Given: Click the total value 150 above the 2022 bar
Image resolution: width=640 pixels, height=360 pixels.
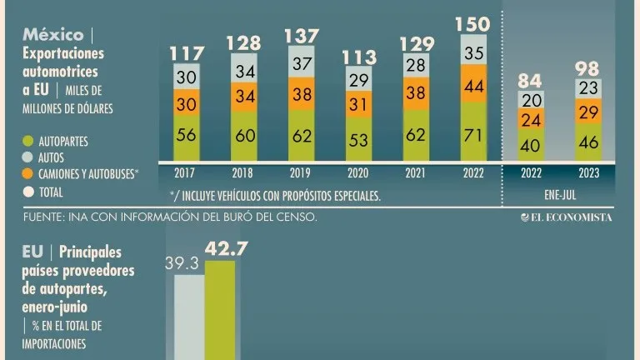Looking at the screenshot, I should click(473, 23).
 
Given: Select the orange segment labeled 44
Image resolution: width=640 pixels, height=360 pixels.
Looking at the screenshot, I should click(473, 87).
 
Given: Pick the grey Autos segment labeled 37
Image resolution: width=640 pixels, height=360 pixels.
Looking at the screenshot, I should click(302, 63).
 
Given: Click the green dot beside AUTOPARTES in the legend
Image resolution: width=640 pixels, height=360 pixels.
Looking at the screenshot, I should click(28, 142).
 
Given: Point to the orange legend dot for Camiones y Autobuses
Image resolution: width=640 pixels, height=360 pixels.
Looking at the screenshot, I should click(28, 174).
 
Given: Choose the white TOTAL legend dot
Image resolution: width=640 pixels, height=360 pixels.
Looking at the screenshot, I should click(28, 192).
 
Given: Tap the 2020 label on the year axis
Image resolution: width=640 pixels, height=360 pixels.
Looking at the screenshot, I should click(359, 173).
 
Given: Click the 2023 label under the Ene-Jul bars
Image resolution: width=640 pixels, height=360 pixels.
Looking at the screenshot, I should click(587, 173).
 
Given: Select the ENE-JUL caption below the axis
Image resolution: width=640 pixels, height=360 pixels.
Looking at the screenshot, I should click(560, 197).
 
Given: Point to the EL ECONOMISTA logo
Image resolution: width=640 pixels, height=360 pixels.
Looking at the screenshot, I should click(567, 217).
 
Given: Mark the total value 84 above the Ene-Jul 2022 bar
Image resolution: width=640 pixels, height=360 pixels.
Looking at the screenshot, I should click(531, 81).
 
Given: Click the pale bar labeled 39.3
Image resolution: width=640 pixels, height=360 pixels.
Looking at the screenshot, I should click(188, 317).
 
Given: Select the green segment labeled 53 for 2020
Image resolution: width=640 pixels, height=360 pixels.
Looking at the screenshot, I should click(359, 139).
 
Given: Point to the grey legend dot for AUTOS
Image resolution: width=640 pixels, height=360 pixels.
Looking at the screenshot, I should click(28, 157).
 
